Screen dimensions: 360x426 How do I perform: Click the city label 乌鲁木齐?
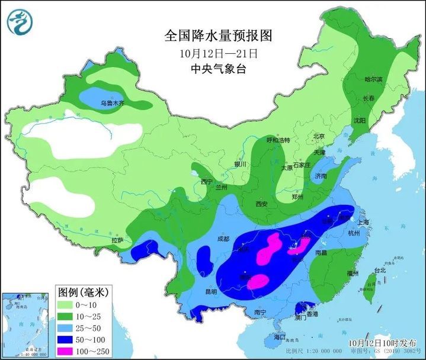coord(112,103)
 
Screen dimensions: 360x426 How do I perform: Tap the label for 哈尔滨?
coord(373,79)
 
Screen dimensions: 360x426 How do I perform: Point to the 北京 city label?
coord(319,136)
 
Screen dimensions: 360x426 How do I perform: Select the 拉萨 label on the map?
coord(117,240)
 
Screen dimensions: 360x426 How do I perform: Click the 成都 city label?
coord(223,239)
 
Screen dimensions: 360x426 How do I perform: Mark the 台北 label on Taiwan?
coord(379,271)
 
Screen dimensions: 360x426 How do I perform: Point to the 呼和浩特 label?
coord(278,140)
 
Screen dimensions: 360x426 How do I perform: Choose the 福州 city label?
coord(354,273)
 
